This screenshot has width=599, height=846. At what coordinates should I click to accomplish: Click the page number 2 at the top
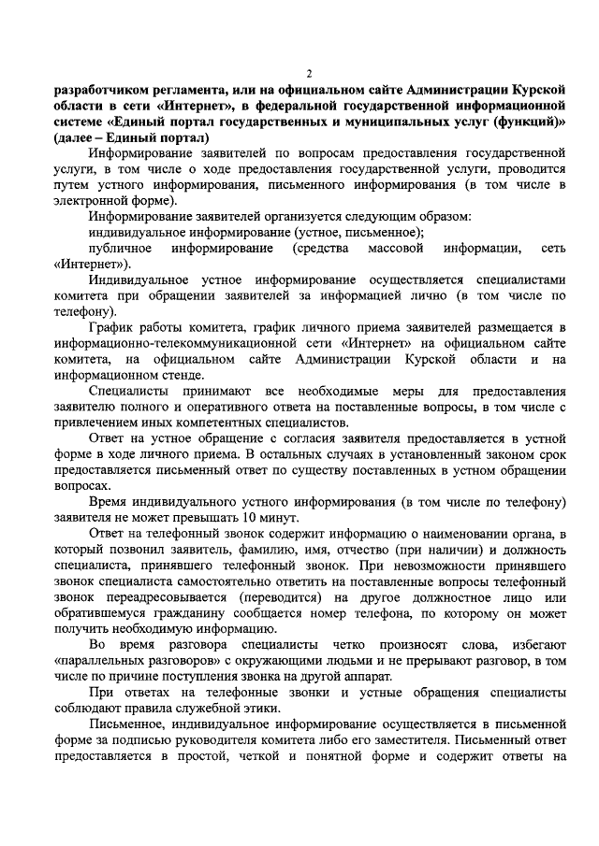[310, 73]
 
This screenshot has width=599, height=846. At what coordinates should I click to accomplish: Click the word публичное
[121, 249]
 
